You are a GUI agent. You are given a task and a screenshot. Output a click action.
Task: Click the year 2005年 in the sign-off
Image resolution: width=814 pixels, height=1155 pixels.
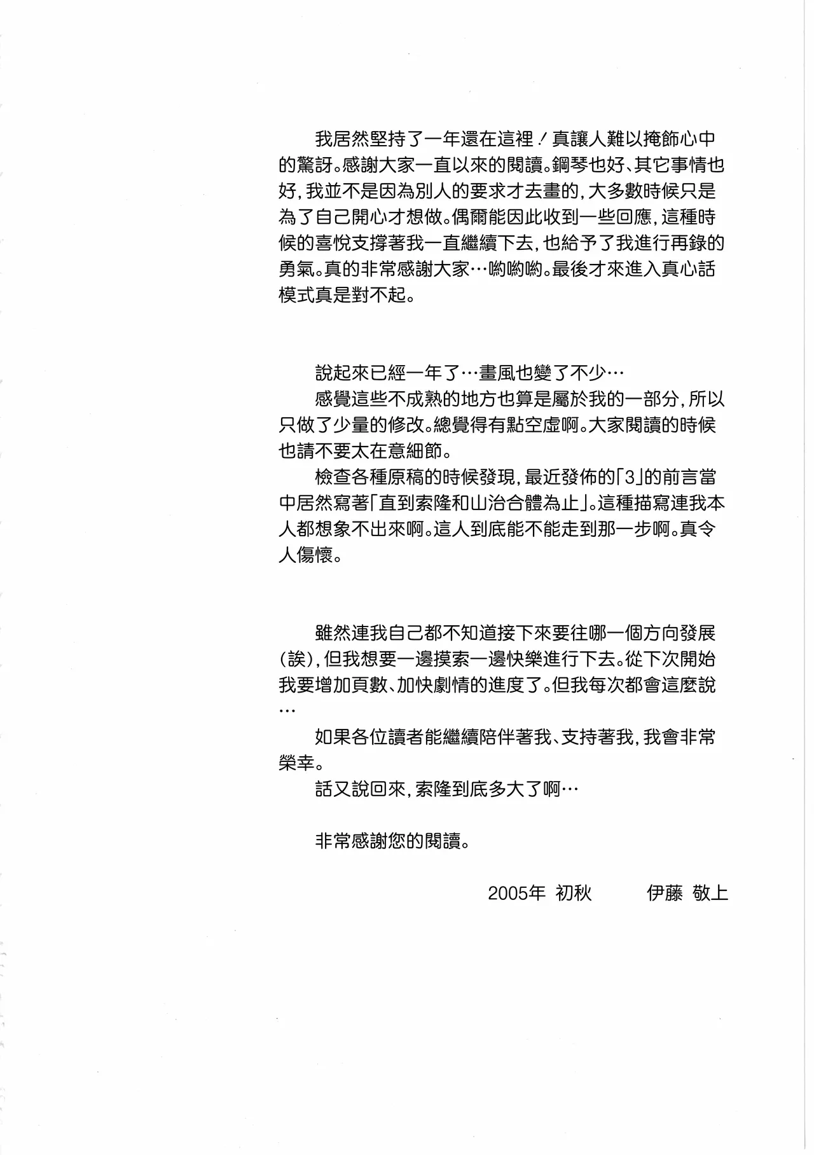pos(516,893)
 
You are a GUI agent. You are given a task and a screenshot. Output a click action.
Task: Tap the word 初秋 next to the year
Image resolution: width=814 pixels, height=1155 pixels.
pos(574,893)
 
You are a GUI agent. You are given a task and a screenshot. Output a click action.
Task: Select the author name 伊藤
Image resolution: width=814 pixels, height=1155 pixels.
pos(664,893)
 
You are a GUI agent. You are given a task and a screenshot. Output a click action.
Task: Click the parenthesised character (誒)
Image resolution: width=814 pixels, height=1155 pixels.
pos(296,658)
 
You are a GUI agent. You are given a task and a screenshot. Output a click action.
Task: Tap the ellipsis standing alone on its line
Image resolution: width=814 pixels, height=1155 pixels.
pos(287,710)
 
